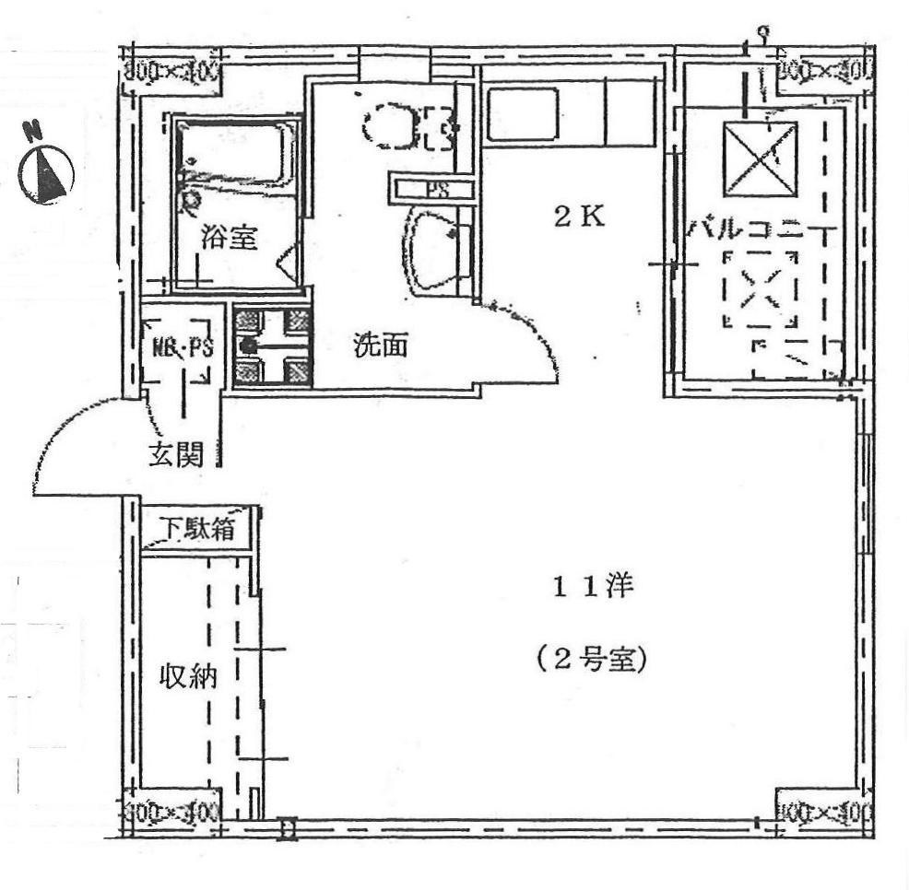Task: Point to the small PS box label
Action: (432, 190)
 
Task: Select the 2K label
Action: (579, 217)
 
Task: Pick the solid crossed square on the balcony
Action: (759, 159)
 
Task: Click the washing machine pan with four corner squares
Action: (272, 345)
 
